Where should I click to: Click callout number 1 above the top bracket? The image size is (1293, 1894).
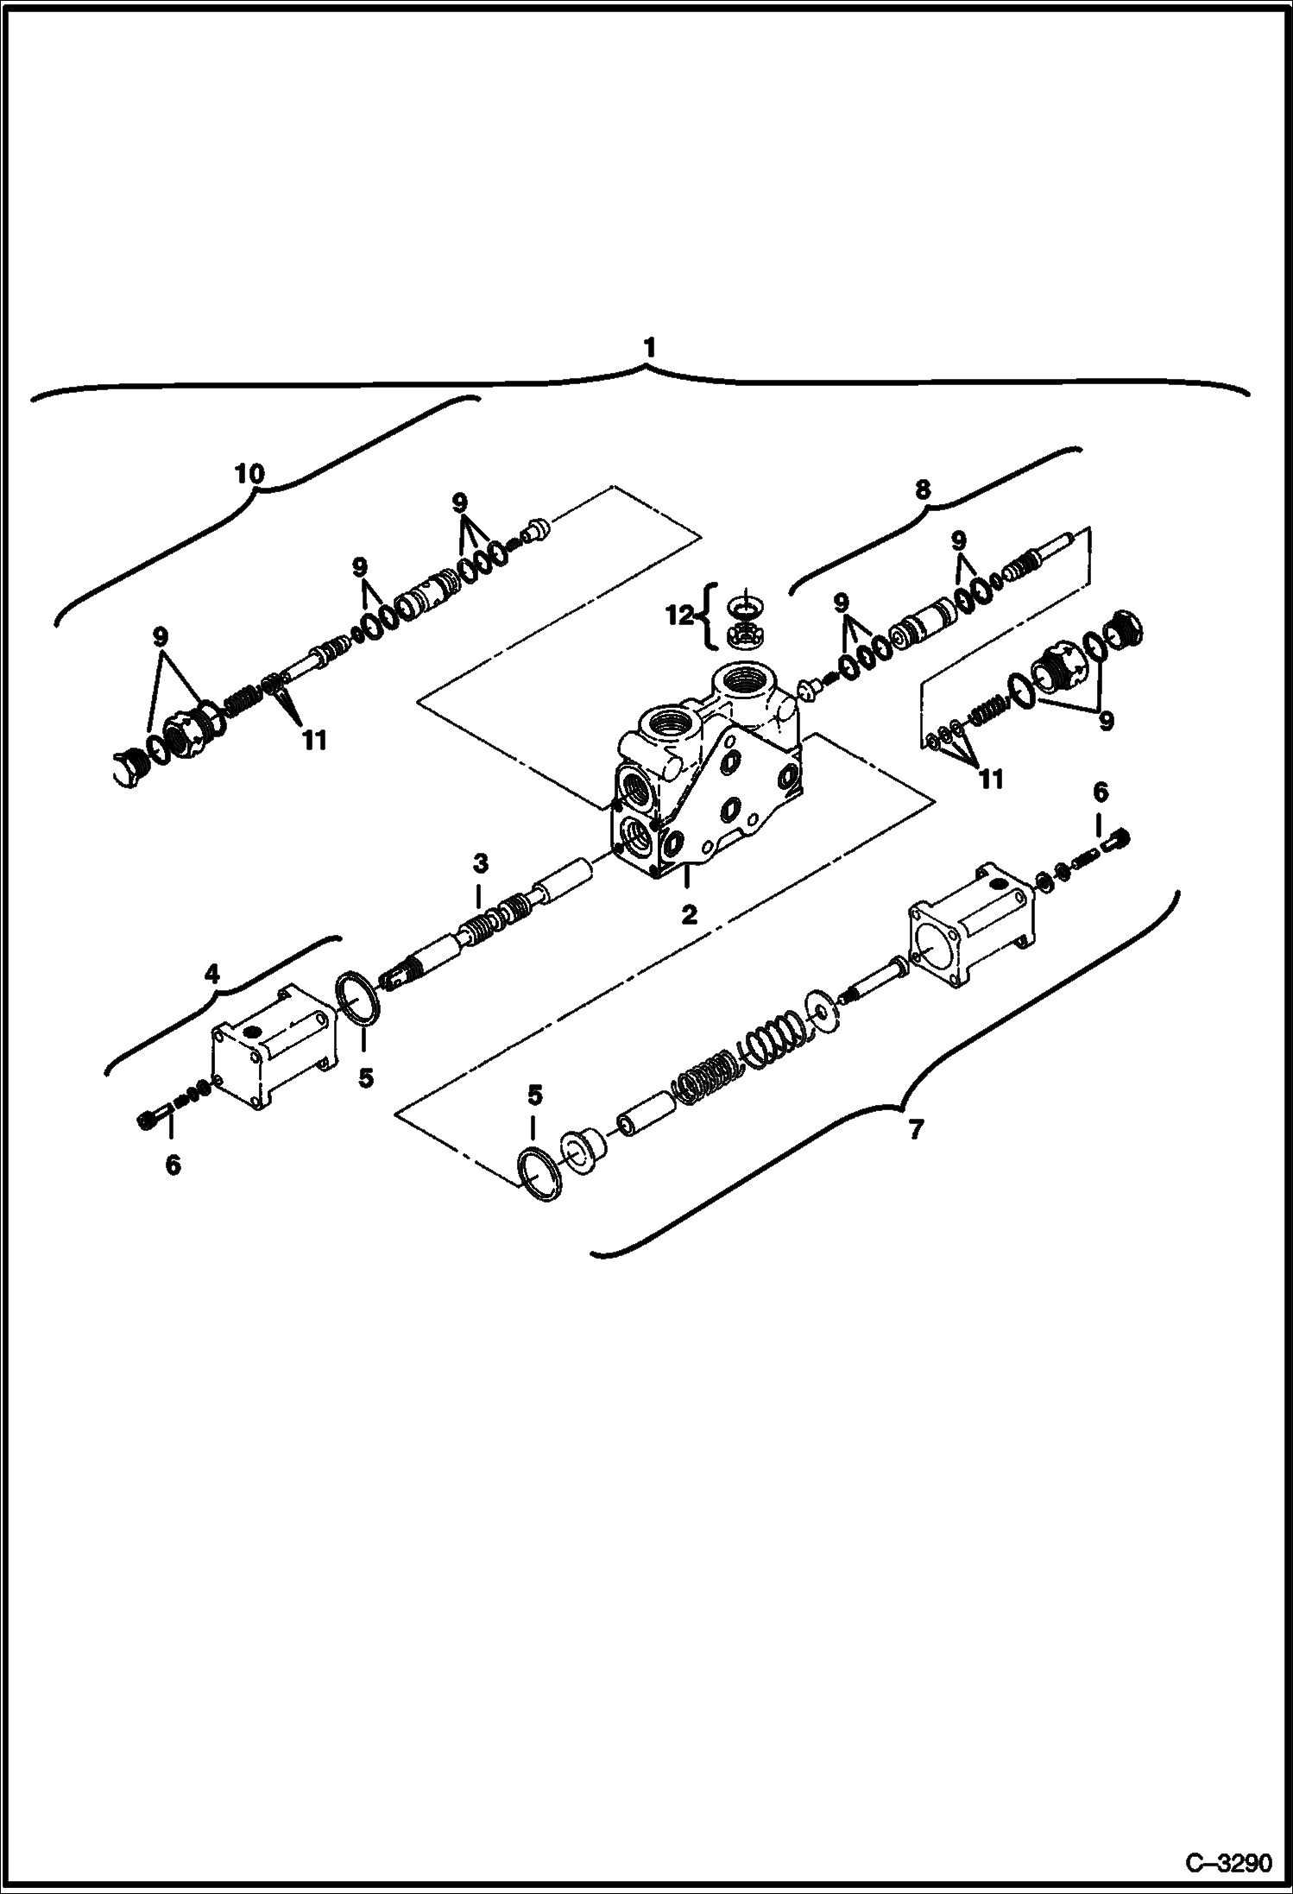tap(649, 349)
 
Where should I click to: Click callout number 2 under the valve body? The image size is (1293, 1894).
tap(688, 915)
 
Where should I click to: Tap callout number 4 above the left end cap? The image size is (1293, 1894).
tap(212, 974)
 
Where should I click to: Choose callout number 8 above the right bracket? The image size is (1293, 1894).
tap(923, 489)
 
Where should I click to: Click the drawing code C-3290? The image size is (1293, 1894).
tap(1228, 1864)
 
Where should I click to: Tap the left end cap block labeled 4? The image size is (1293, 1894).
tap(272, 1045)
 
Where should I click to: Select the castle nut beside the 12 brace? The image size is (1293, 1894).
tap(743, 636)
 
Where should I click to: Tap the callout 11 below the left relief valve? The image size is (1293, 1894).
tap(314, 740)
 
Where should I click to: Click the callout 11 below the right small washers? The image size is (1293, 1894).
tap(991, 778)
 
